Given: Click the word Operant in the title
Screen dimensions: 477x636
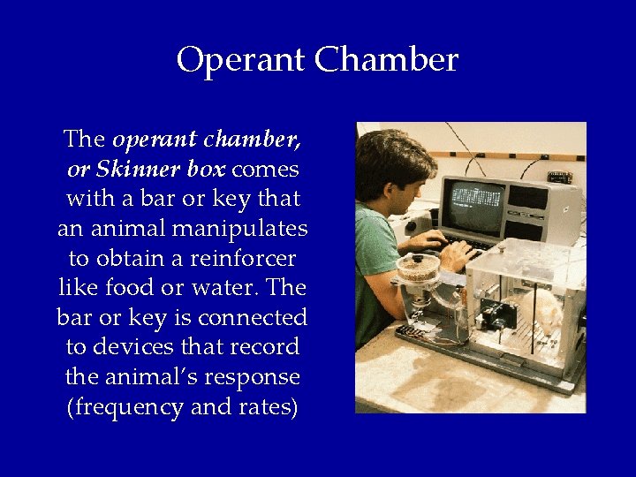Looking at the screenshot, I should (240, 61).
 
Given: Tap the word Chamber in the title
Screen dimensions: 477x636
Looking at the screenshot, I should (386, 61).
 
